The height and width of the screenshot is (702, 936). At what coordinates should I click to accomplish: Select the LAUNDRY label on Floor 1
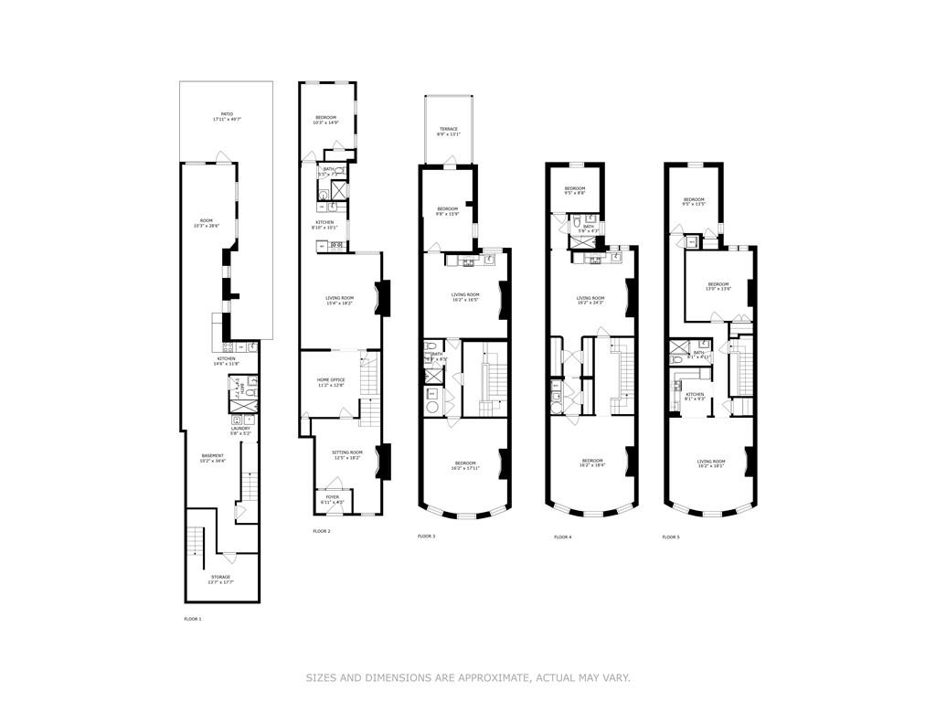(240, 429)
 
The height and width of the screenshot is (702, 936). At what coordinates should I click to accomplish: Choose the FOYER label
(333, 498)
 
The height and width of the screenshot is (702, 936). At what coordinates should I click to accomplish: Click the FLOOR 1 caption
(193, 619)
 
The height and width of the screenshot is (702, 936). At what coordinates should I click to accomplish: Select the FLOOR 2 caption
(321, 531)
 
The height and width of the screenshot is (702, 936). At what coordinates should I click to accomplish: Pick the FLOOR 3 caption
(426, 536)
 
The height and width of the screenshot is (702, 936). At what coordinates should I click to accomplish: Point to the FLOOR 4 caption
(563, 537)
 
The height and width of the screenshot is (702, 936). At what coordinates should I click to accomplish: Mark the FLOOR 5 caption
(671, 537)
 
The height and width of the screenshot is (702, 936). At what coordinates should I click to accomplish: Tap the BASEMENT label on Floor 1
(213, 457)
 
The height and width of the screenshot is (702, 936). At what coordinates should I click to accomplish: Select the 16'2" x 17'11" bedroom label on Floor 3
(465, 465)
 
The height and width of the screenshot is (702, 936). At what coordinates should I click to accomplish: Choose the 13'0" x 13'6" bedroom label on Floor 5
(718, 285)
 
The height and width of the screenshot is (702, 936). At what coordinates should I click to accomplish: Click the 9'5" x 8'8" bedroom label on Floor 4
(574, 190)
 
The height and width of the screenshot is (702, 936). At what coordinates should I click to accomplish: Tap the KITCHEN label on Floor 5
(696, 396)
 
